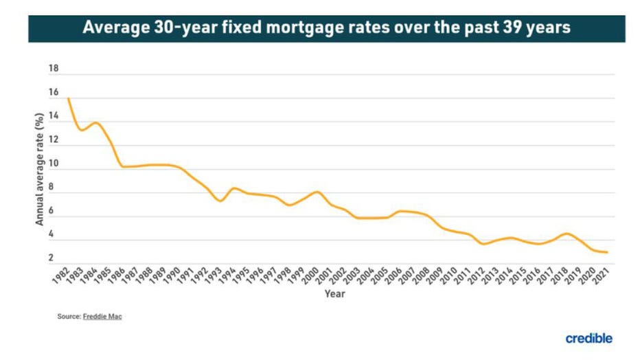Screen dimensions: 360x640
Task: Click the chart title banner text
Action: point(326,28)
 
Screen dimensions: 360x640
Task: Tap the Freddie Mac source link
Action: point(102,316)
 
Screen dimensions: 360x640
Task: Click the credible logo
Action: point(588,338)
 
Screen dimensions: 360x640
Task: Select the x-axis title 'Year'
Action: point(335,294)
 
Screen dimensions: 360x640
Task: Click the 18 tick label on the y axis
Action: point(54,69)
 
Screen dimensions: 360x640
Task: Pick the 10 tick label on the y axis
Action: point(54,164)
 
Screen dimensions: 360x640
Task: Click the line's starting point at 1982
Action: point(68,98)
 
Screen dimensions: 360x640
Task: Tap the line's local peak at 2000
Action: point(317,192)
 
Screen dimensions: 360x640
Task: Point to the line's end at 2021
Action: point(607,252)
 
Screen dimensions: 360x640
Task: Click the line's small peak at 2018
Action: point(566,234)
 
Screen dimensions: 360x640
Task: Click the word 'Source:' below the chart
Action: point(69,316)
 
